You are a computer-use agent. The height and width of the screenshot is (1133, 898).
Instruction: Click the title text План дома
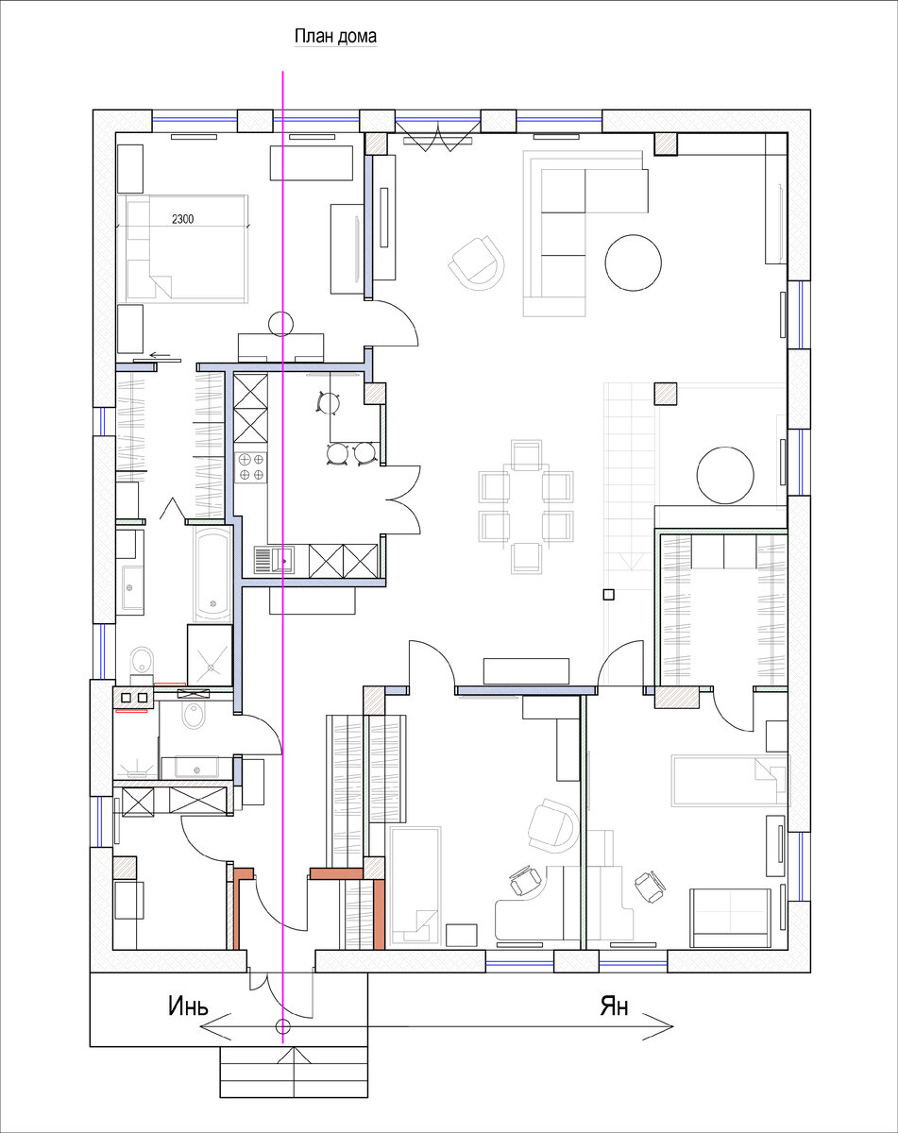point(335,36)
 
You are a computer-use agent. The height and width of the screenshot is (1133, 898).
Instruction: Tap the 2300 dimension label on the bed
point(183,218)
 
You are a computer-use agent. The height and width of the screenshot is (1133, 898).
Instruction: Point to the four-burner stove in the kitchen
point(251,467)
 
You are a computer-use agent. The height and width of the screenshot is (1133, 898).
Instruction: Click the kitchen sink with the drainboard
point(275,560)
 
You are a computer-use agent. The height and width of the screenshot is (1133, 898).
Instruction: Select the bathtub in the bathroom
point(212,573)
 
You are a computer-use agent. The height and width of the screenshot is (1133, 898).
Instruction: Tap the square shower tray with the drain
point(211,654)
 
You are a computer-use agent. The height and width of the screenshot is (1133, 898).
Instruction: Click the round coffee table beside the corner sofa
point(633,262)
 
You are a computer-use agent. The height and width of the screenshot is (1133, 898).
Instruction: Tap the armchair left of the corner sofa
point(477,262)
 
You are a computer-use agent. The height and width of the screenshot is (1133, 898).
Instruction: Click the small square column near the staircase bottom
point(609,595)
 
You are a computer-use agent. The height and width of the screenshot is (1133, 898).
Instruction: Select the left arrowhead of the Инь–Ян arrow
point(214,1026)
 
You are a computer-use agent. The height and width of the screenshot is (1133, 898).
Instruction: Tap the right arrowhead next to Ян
point(658,1026)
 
